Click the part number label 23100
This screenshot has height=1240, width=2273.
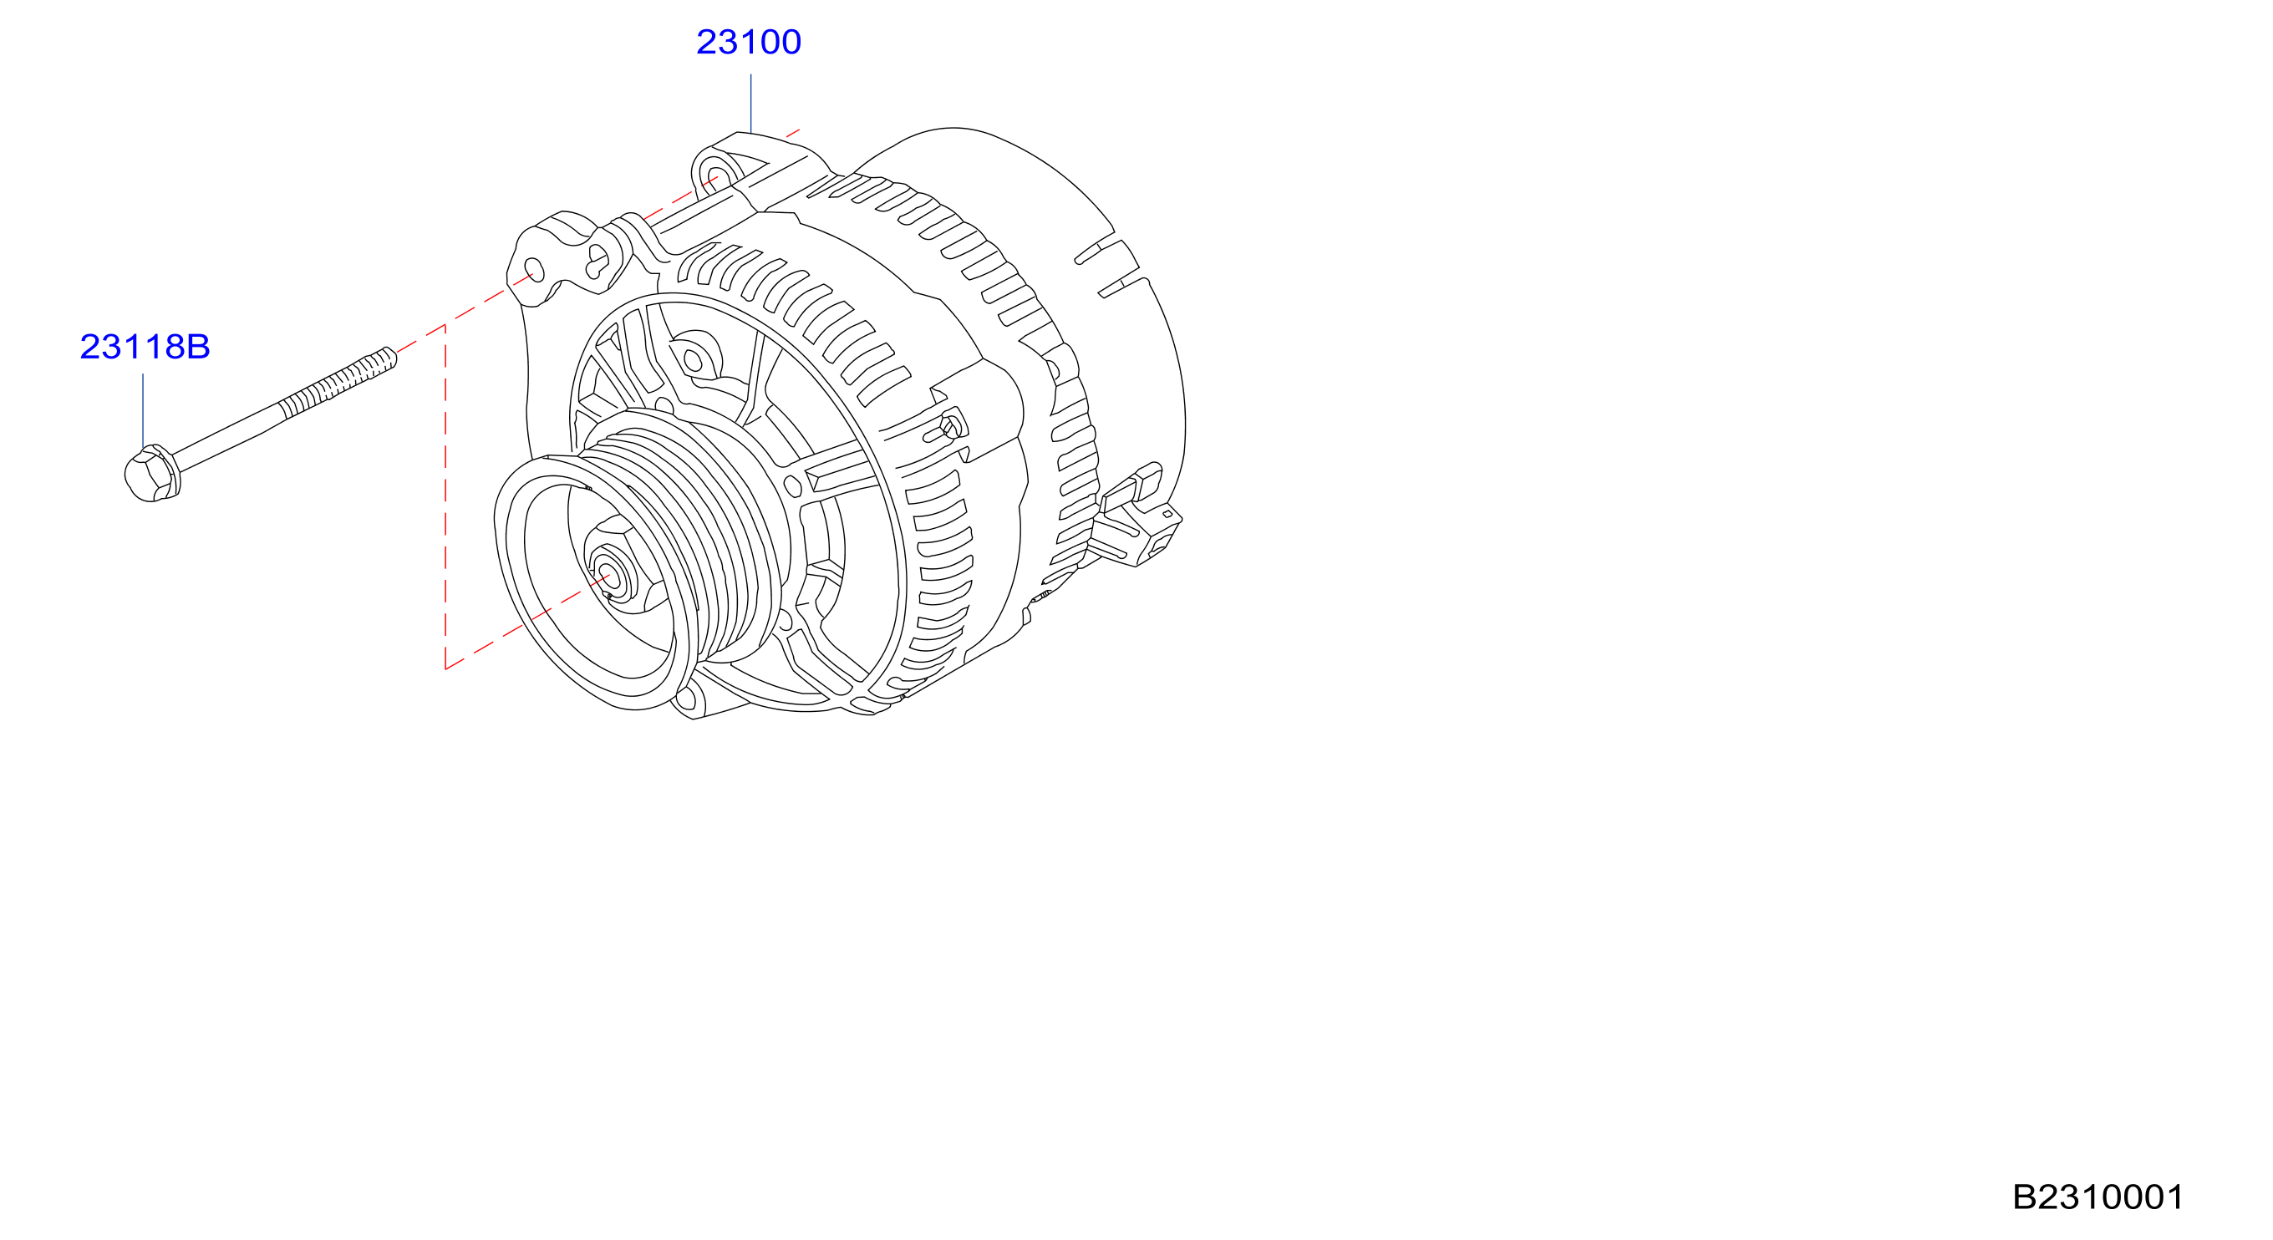[748, 42]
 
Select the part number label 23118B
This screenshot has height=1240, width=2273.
[145, 347]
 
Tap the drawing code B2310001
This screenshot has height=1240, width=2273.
[2098, 1197]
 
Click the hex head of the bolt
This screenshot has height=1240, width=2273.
[152, 474]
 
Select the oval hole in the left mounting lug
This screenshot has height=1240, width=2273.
[534, 269]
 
